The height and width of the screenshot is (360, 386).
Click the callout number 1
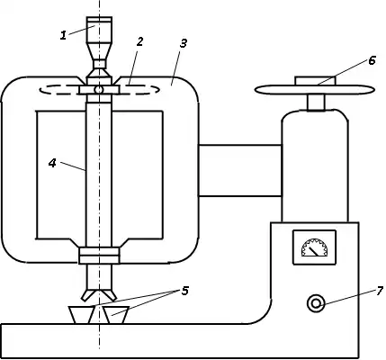[63, 36]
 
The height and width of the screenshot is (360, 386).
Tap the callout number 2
[139, 42]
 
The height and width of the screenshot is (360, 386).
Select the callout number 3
[184, 43]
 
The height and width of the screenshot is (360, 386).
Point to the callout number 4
[52, 163]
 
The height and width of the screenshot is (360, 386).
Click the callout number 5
[184, 291]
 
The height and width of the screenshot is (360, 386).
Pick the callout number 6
[372, 60]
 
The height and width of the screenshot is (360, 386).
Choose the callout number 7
[380, 290]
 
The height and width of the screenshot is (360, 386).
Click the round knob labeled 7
[316, 303]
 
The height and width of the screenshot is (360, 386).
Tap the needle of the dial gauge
[315, 251]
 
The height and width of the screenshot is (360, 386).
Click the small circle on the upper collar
[99, 89]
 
